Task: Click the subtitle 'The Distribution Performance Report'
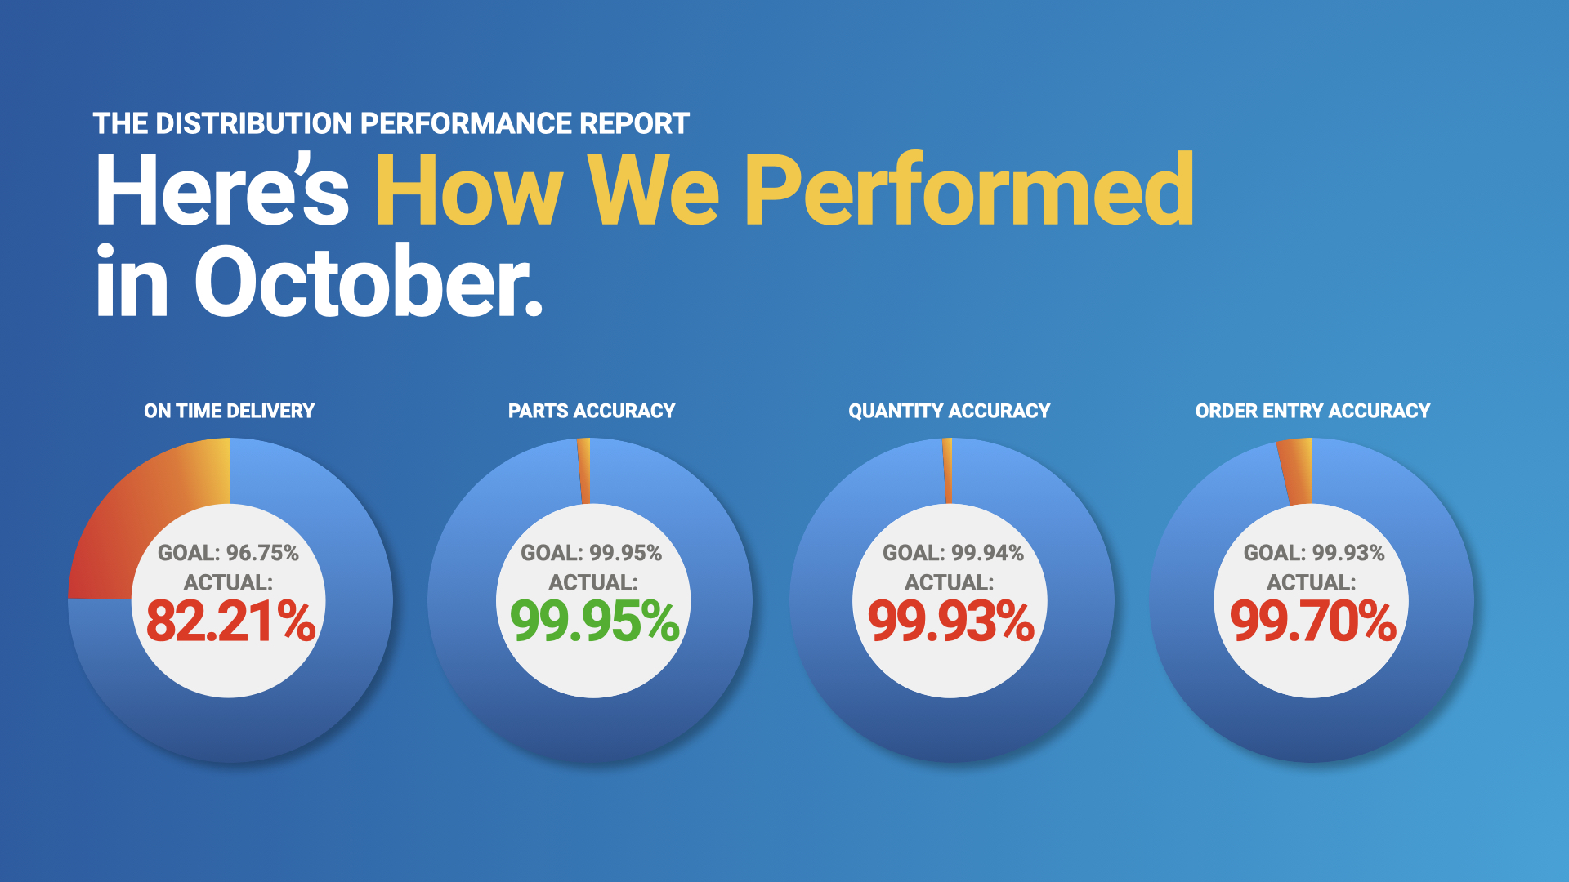click(x=391, y=123)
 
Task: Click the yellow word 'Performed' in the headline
click(x=969, y=189)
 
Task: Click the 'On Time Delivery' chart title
click(x=229, y=411)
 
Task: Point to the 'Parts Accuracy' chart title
click(x=592, y=411)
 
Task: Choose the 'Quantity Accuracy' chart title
click(x=949, y=411)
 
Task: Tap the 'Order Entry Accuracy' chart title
click(x=1312, y=411)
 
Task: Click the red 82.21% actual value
click(x=230, y=621)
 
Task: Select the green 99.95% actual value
click(x=594, y=621)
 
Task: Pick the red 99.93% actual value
click(x=951, y=621)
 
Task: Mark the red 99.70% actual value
click(x=1313, y=621)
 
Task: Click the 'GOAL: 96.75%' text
click(x=228, y=553)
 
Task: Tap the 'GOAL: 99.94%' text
click(x=953, y=553)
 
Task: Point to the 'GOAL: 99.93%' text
click(x=1314, y=553)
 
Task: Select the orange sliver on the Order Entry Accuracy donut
click(x=1296, y=471)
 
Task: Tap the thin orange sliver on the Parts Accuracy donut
click(x=584, y=471)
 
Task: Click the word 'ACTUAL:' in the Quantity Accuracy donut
click(x=949, y=582)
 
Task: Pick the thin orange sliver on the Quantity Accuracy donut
click(x=948, y=471)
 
